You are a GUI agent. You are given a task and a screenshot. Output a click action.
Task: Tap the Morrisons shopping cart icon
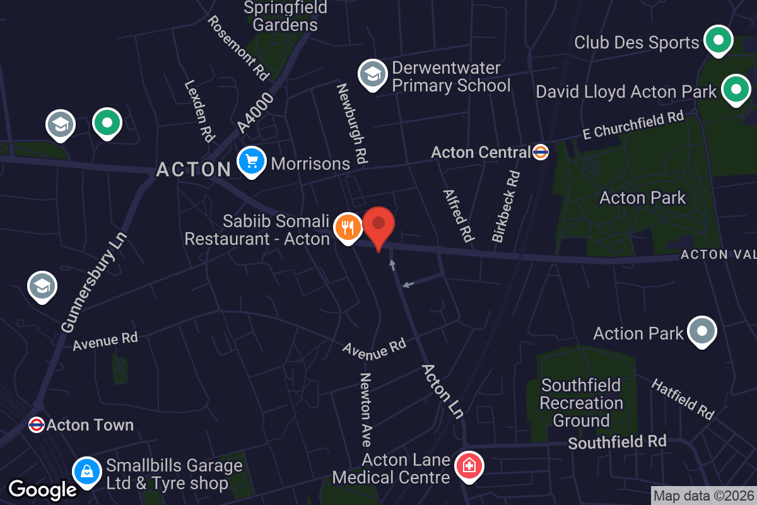(x=252, y=162)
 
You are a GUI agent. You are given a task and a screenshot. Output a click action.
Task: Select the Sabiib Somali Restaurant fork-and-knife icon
(x=348, y=227)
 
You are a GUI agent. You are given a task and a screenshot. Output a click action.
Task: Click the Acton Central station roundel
(x=541, y=152)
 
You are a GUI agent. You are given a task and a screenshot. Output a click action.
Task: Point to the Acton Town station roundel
(x=37, y=425)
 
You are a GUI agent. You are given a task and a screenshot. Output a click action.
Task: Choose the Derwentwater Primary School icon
(x=372, y=74)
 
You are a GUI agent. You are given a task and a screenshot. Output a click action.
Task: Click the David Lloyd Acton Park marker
(x=735, y=90)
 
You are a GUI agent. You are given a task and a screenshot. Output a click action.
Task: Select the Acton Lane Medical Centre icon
(x=469, y=467)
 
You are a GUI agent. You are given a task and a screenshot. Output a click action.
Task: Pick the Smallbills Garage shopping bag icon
(x=87, y=471)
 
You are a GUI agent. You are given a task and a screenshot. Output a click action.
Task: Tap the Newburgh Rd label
(x=351, y=124)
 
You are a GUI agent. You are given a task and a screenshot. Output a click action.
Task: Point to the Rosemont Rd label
(x=238, y=47)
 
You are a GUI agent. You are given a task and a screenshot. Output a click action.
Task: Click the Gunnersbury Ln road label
(x=95, y=282)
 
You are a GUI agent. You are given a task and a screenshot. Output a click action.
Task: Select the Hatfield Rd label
(x=683, y=400)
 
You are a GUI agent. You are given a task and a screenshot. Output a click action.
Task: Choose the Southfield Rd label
(x=617, y=442)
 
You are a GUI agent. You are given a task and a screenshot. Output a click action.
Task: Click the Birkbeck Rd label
(x=507, y=206)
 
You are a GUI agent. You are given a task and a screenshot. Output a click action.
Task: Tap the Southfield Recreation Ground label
(x=581, y=403)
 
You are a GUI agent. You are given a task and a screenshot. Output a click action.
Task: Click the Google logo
(x=42, y=489)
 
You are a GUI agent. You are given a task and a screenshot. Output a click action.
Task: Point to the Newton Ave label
(x=365, y=400)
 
